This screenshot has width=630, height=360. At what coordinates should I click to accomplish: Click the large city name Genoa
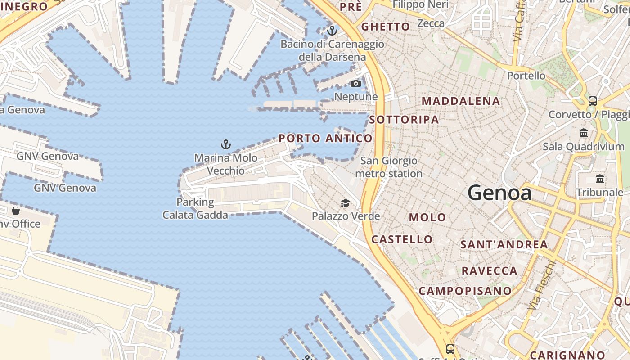(x=499, y=193)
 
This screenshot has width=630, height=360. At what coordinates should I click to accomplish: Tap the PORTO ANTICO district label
(x=325, y=138)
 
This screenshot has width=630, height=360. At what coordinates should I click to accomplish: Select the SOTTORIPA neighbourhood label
(x=404, y=119)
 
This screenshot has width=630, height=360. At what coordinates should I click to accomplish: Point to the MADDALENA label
(x=461, y=101)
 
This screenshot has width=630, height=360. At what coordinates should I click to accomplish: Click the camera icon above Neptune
(x=356, y=83)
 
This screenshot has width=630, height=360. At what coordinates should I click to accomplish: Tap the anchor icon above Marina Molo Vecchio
(x=226, y=144)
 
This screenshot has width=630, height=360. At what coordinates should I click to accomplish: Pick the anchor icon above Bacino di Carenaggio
(x=332, y=31)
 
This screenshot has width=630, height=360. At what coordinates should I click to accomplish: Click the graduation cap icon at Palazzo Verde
(x=345, y=203)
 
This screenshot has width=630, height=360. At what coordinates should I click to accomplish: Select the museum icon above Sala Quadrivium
(x=584, y=133)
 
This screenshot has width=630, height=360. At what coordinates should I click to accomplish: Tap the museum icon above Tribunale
(x=600, y=179)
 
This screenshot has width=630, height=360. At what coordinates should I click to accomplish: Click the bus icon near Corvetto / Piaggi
(x=593, y=101)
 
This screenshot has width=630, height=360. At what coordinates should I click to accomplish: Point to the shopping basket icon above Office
(x=16, y=211)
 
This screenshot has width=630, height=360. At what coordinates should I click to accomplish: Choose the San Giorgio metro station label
(x=389, y=167)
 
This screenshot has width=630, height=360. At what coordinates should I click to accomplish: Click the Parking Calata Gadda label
(x=195, y=208)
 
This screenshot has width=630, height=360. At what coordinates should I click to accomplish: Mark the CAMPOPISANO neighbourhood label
(x=465, y=291)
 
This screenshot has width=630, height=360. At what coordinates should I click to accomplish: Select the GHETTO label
(x=386, y=27)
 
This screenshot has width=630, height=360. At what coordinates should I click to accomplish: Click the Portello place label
(x=526, y=75)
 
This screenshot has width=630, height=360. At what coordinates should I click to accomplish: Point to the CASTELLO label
(x=402, y=239)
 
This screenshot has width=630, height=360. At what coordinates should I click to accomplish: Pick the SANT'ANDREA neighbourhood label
(x=504, y=244)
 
